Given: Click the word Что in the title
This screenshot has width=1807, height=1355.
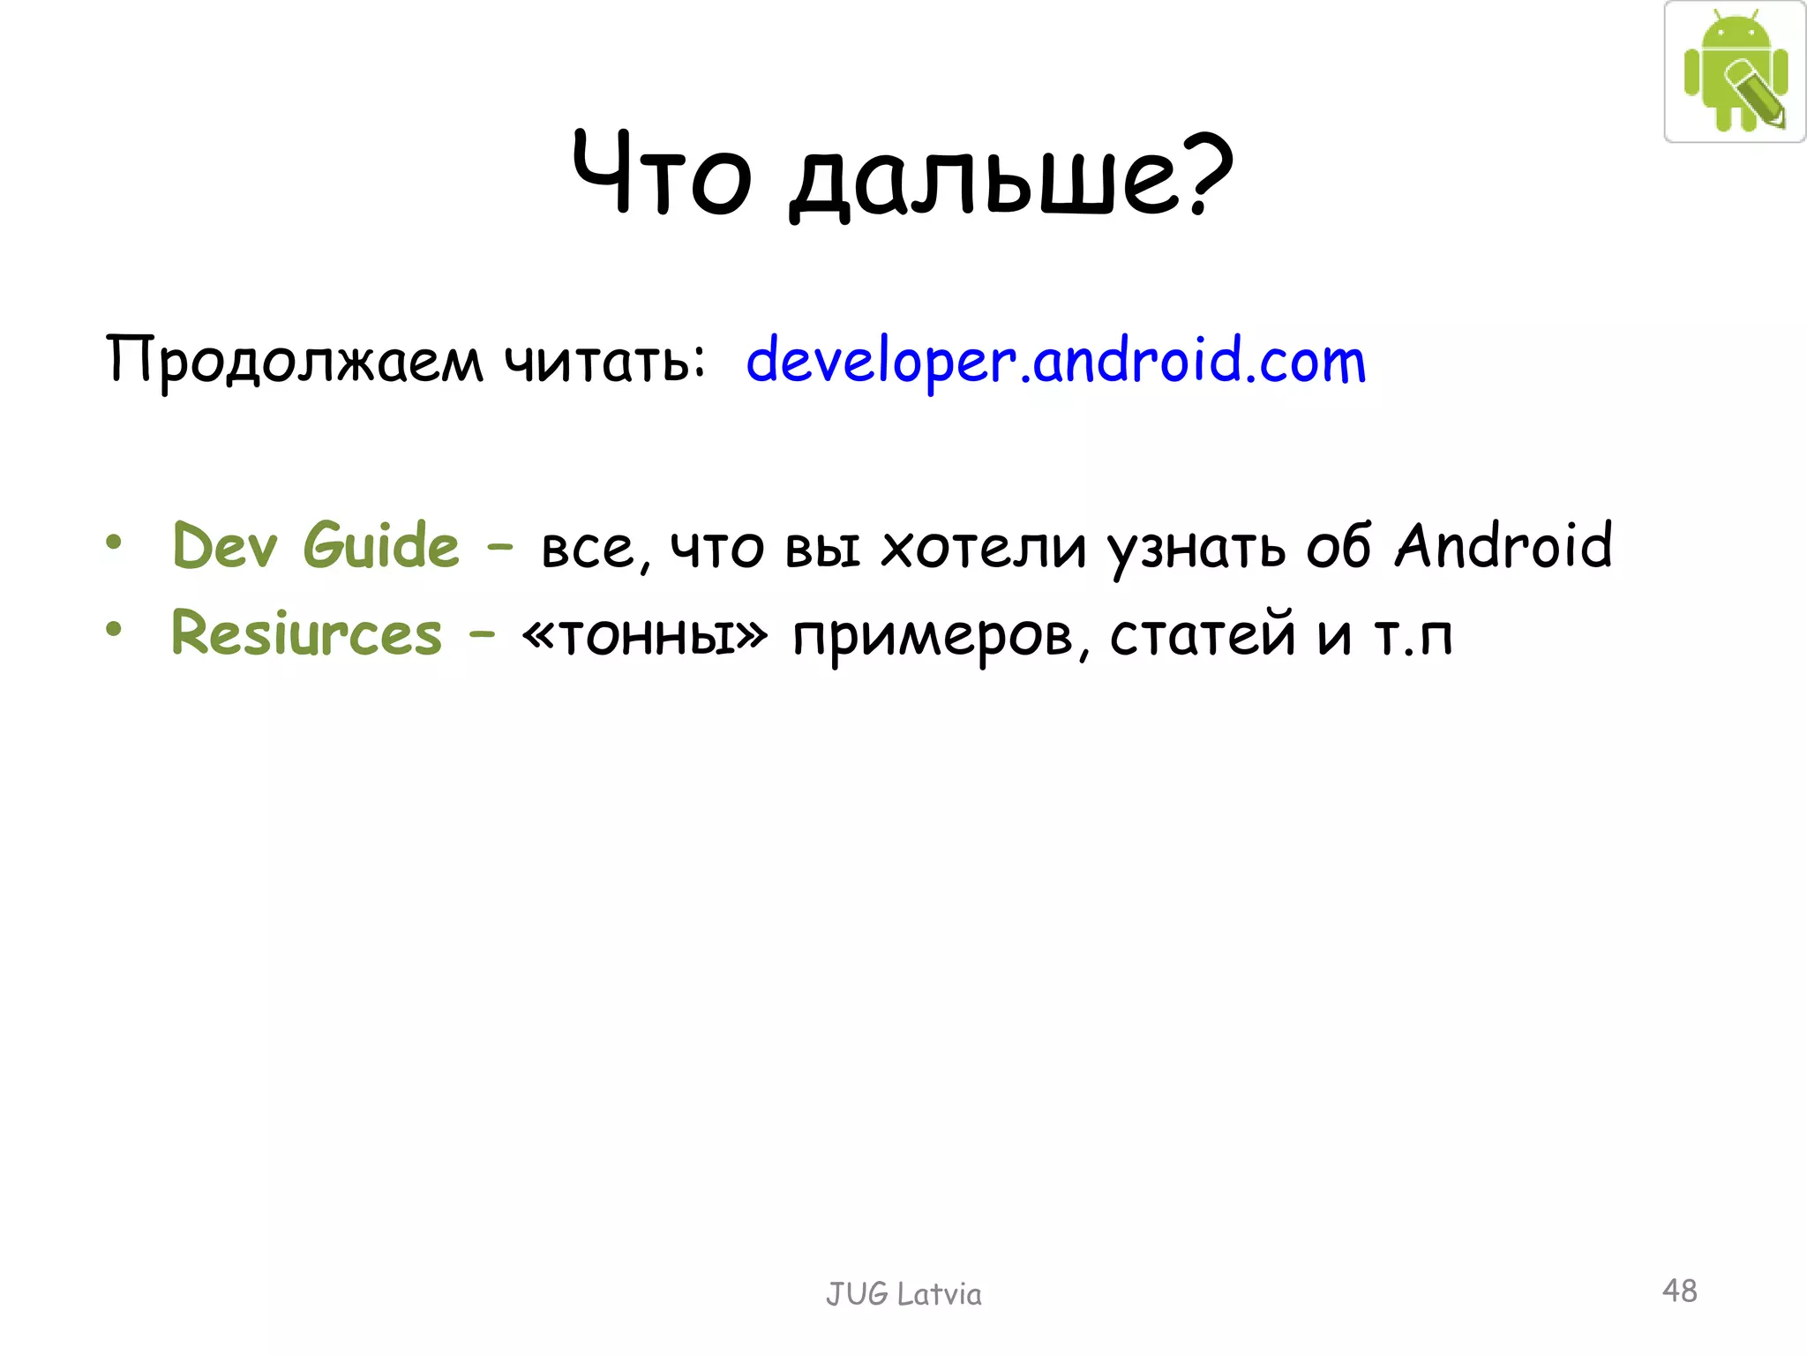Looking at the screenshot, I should pos(662,173).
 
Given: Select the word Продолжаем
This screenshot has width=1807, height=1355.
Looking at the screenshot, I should pos(295,361).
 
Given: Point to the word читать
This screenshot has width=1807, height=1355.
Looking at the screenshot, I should pos(604,361).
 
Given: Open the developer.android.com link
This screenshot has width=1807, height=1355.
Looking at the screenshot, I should pos(1055,361).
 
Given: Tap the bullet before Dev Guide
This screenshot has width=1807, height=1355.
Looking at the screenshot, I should pos(113,542).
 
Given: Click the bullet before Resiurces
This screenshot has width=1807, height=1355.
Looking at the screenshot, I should pos(113,630).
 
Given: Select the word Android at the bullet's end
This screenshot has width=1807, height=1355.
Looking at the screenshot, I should pos(1503,545).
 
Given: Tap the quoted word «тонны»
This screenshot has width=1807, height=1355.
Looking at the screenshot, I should pos(645,634).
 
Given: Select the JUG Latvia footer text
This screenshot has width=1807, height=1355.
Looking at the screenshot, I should pos(903,1294).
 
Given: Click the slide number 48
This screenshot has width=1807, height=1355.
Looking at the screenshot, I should pos(1679,1291).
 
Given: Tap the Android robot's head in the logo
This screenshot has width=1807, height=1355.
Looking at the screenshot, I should pos(1736,33).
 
